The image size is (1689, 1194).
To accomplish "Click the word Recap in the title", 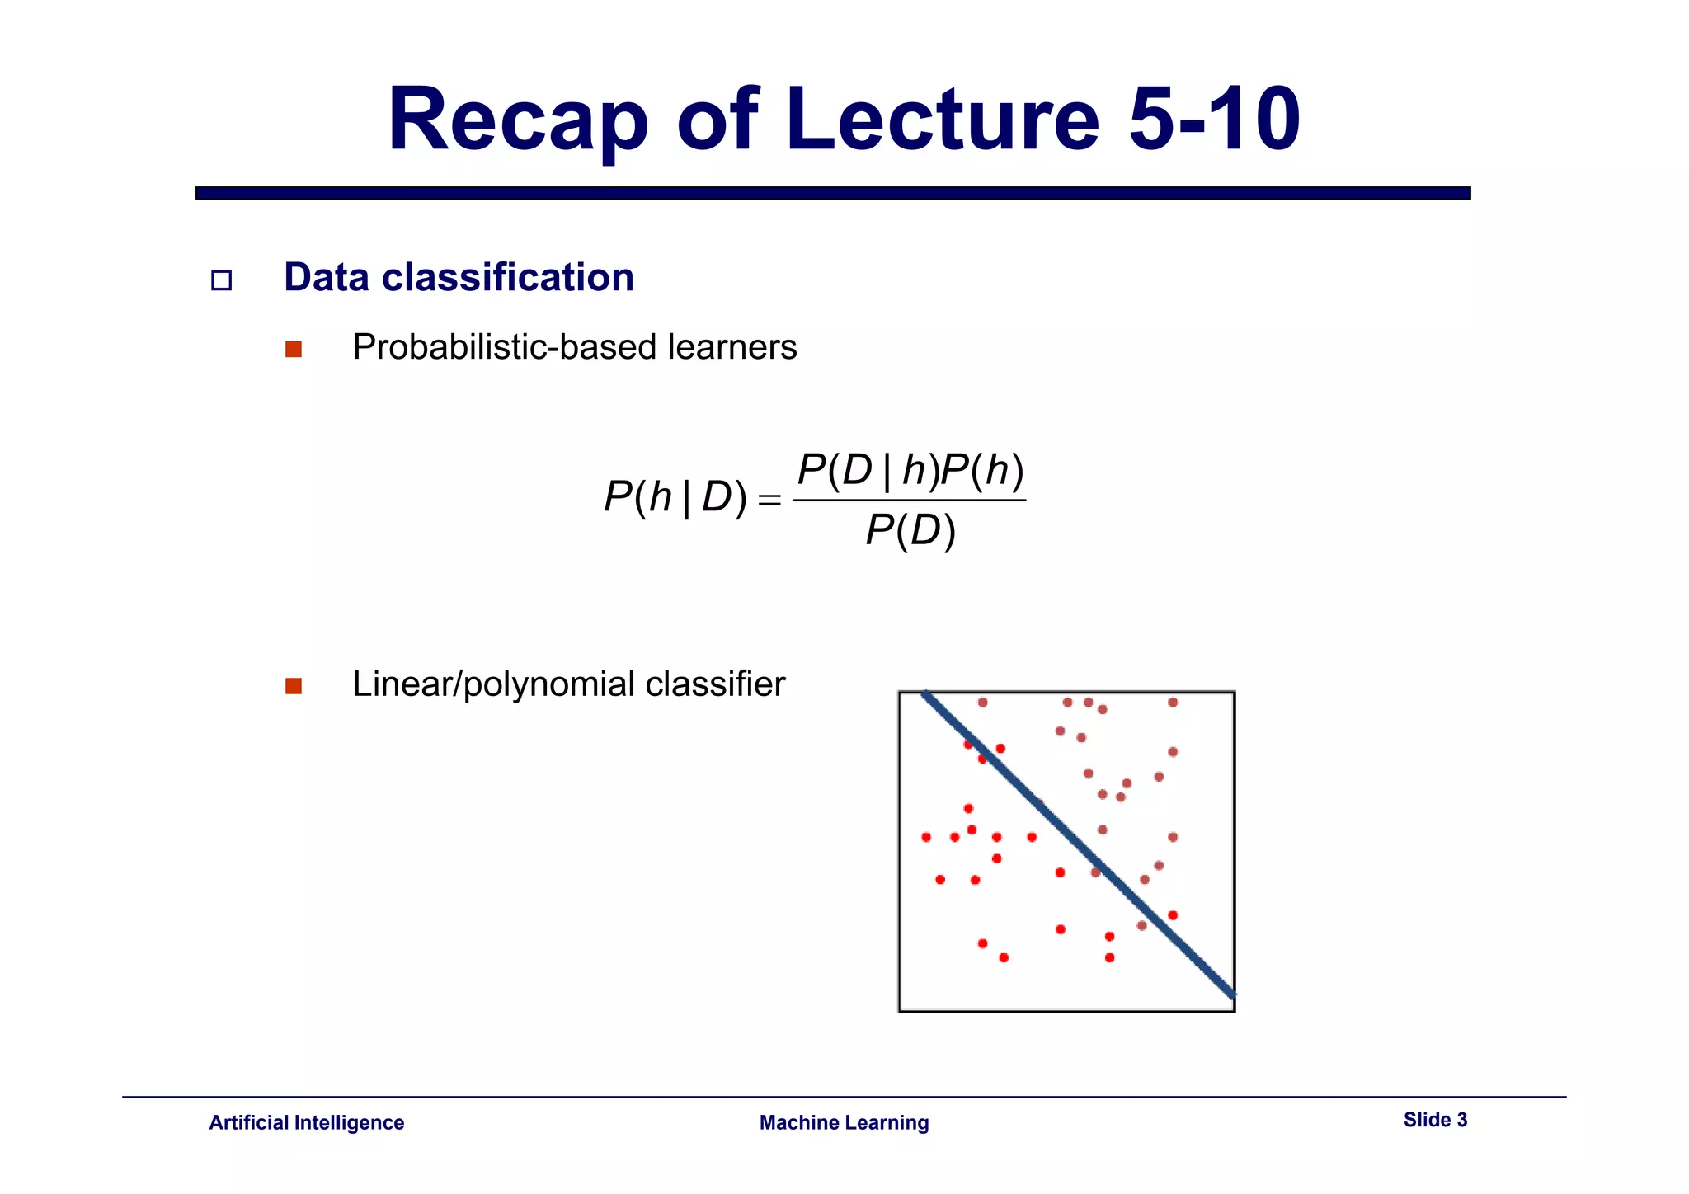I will click(518, 121).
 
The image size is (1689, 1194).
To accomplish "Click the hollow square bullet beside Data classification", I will click(221, 280).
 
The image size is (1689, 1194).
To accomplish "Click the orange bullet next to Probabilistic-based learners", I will click(294, 349).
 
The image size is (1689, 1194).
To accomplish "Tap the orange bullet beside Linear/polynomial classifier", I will click(294, 686).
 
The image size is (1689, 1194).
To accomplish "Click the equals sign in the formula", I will click(769, 500).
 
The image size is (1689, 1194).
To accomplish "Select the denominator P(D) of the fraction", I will click(910, 530).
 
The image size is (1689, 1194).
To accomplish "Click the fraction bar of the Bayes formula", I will click(910, 500).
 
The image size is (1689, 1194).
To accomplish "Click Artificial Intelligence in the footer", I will click(306, 1122).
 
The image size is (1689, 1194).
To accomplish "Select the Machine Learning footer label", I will click(844, 1122).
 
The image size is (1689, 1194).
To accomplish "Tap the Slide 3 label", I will click(1435, 1120).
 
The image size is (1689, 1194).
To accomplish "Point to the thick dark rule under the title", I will click(833, 193).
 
